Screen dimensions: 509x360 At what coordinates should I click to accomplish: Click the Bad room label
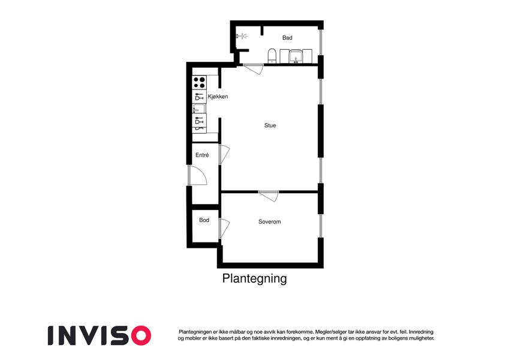pyautogui.click(x=287, y=38)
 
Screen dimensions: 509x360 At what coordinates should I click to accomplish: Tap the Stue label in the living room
pyautogui.click(x=270, y=125)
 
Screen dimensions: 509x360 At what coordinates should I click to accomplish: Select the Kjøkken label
pyautogui.click(x=218, y=97)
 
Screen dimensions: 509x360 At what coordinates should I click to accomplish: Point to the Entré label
pyautogui.click(x=202, y=155)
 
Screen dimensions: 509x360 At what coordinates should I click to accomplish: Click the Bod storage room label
pyautogui.click(x=204, y=220)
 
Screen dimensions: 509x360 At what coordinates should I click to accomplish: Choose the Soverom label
pyautogui.click(x=269, y=221)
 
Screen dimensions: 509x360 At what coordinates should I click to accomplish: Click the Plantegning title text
pyautogui.click(x=254, y=278)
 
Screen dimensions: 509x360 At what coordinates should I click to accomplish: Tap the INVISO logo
pyautogui.click(x=100, y=335)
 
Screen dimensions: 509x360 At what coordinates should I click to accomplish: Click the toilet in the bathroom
pyautogui.click(x=272, y=56)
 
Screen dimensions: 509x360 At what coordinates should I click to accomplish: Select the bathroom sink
pyautogui.click(x=296, y=56)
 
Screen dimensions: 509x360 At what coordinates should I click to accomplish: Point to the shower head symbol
pyautogui.click(x=242, y=36)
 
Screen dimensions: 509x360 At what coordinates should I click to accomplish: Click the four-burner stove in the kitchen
pyautogui.click(x=199, y=83)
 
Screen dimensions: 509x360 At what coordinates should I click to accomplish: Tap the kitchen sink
pyautogui.click(x=199, y=108)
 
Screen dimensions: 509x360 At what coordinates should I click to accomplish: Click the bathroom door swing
pyautogui.click(x=253, y=69)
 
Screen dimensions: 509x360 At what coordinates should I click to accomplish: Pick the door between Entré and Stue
pyautogui.click(x=224, y=154)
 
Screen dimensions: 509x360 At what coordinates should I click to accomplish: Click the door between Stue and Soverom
pyautogui.click(x=269, y=196)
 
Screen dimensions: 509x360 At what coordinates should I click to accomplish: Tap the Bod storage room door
pyautogui.click(x=224, y=229)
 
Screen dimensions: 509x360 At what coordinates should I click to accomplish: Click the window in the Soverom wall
pyautogui.click(x=321, y=226)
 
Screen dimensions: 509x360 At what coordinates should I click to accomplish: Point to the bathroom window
pyautogui.click(x=321, y=42)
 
